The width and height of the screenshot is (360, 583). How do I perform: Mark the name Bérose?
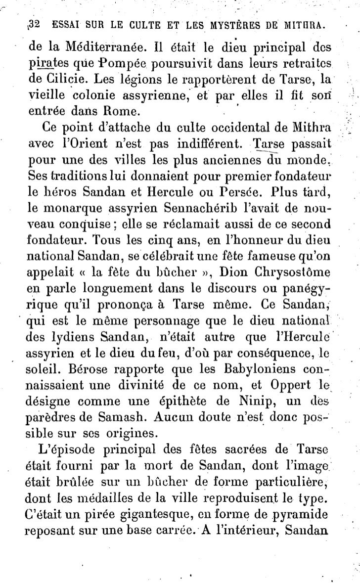(x=79, y=370)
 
